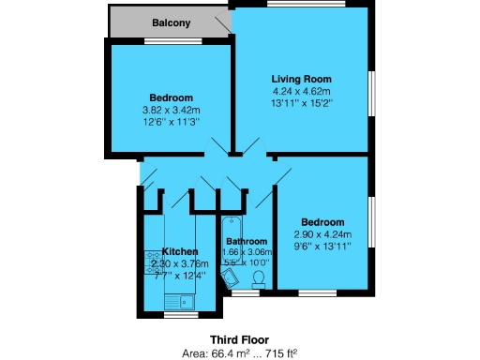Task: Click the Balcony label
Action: pos(171,22)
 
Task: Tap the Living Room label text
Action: pos(302,79)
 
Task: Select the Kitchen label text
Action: pos(180,252)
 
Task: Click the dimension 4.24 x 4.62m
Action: pos(302,90)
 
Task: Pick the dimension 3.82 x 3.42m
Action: pos(171,110)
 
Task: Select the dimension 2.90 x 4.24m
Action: pos(322,234)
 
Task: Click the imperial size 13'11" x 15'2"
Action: pos(302,101)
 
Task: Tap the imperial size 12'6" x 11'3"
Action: pos(171,121)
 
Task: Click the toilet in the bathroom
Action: pos(257,277)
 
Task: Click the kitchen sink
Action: pos(180,300)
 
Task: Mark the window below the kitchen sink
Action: pos(180,314)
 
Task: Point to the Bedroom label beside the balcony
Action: pos(171,98)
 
